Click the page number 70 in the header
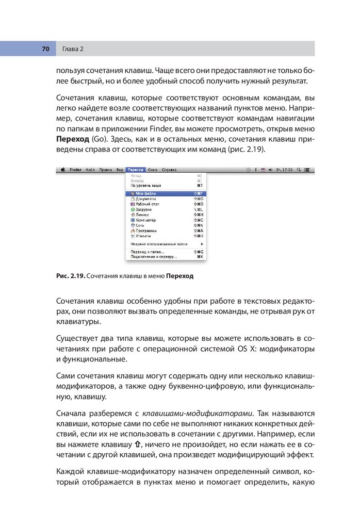coord(45,49)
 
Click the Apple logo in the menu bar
coord(63,169)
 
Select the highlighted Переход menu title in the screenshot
coord(135,169)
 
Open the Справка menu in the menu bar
coord(169,169)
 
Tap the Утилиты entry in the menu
coord(143,236)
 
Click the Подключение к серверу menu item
coord(153,256)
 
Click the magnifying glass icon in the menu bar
coord(300,169)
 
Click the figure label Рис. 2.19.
coord(71,276)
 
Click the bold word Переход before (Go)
coord(72,139)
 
